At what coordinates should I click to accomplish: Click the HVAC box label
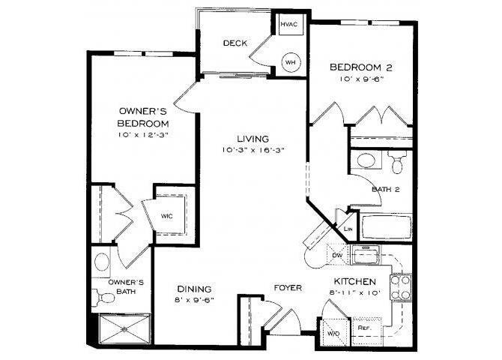pyautogui.click(x=289, y=24)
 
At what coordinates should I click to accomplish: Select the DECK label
pyautogui.click(x=235, y=43)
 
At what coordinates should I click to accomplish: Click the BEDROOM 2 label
pyautogui.click(x=362, y=67)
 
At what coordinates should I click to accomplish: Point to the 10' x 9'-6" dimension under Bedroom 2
pyautogui.click(x=362, y=79)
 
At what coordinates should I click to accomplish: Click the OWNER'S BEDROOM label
pyautogui.click(x=142, y=115)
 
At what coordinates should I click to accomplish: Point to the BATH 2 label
pyautogui.click(x=385, y=190)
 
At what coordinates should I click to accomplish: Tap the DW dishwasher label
pyautogui.click(x=338, y=254)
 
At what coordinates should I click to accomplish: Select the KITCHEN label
pyautogui.click(x=354, y=281)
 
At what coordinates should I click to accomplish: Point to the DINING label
pyautogui.click(x=194, y=289)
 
